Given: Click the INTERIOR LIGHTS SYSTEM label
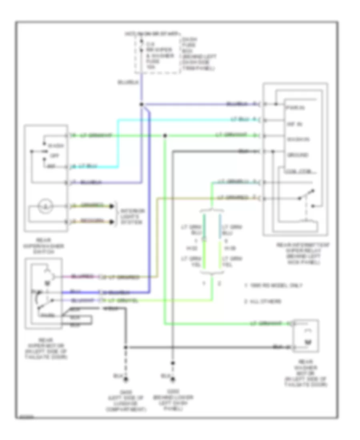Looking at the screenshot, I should click(x=134, y=216).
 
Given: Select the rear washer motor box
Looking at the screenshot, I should click(x=306, y=336).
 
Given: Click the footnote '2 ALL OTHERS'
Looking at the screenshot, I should click(x=264, y=301).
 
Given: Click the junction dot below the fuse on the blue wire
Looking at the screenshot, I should click(x=141, y=105).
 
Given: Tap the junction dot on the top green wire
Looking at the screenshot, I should click(x=165, y=136).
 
